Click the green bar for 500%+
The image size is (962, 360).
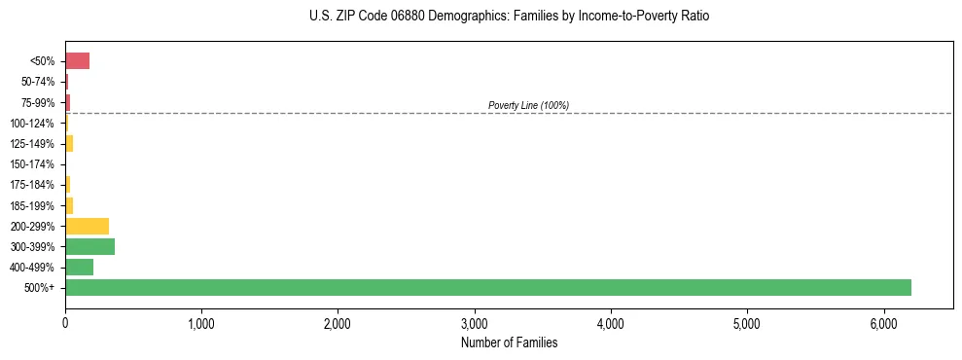click(488, 287)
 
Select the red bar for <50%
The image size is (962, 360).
click(78, 61)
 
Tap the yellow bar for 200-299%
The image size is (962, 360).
click(88, 226)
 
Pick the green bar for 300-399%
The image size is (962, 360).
click(90, 246)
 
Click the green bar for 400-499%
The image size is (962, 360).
click(80, 267)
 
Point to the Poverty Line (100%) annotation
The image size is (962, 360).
click(528, 105)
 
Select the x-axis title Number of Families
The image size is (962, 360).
click(509, 342)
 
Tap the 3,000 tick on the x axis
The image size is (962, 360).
click(475, 324)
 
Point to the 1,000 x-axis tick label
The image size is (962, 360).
click(201, 324)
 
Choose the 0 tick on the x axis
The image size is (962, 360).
click(65, 324)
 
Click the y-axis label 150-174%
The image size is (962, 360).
click(32, 164)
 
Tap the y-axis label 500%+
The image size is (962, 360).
click(40, 288)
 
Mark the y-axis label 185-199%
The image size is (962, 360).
click(32, 205)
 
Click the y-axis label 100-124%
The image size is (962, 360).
click(32, 124)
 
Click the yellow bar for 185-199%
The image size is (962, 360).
click(69, 205)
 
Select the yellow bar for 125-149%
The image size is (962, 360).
click(69, 144)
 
